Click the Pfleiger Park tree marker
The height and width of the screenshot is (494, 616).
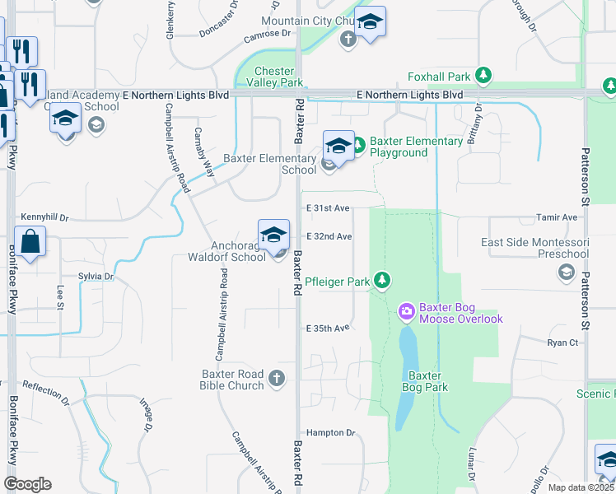[x=382, y=282]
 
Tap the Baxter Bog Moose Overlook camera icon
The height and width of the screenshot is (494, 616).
[x=406, y=311]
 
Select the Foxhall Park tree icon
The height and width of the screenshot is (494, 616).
[x=484, y=77]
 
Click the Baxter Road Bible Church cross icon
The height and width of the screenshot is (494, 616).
[x=278, y=379]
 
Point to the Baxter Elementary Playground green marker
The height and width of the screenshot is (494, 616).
[x=358, y=147]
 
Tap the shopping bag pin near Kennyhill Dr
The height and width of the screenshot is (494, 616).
[x=29, y=243]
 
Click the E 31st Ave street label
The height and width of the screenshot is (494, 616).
[x=329, y=209]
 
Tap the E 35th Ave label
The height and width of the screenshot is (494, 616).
[x=329, y=328]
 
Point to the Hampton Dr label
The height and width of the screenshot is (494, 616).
[x=330, y=432]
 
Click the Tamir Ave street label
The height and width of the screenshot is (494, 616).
[x=558, y=217]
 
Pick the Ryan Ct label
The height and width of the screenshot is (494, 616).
[x=562, y=342]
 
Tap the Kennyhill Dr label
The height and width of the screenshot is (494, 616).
[x=44, y=218]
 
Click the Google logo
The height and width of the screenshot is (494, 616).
[x=27, y=484]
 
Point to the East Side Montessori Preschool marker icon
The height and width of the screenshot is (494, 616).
[x=566, y=275]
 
